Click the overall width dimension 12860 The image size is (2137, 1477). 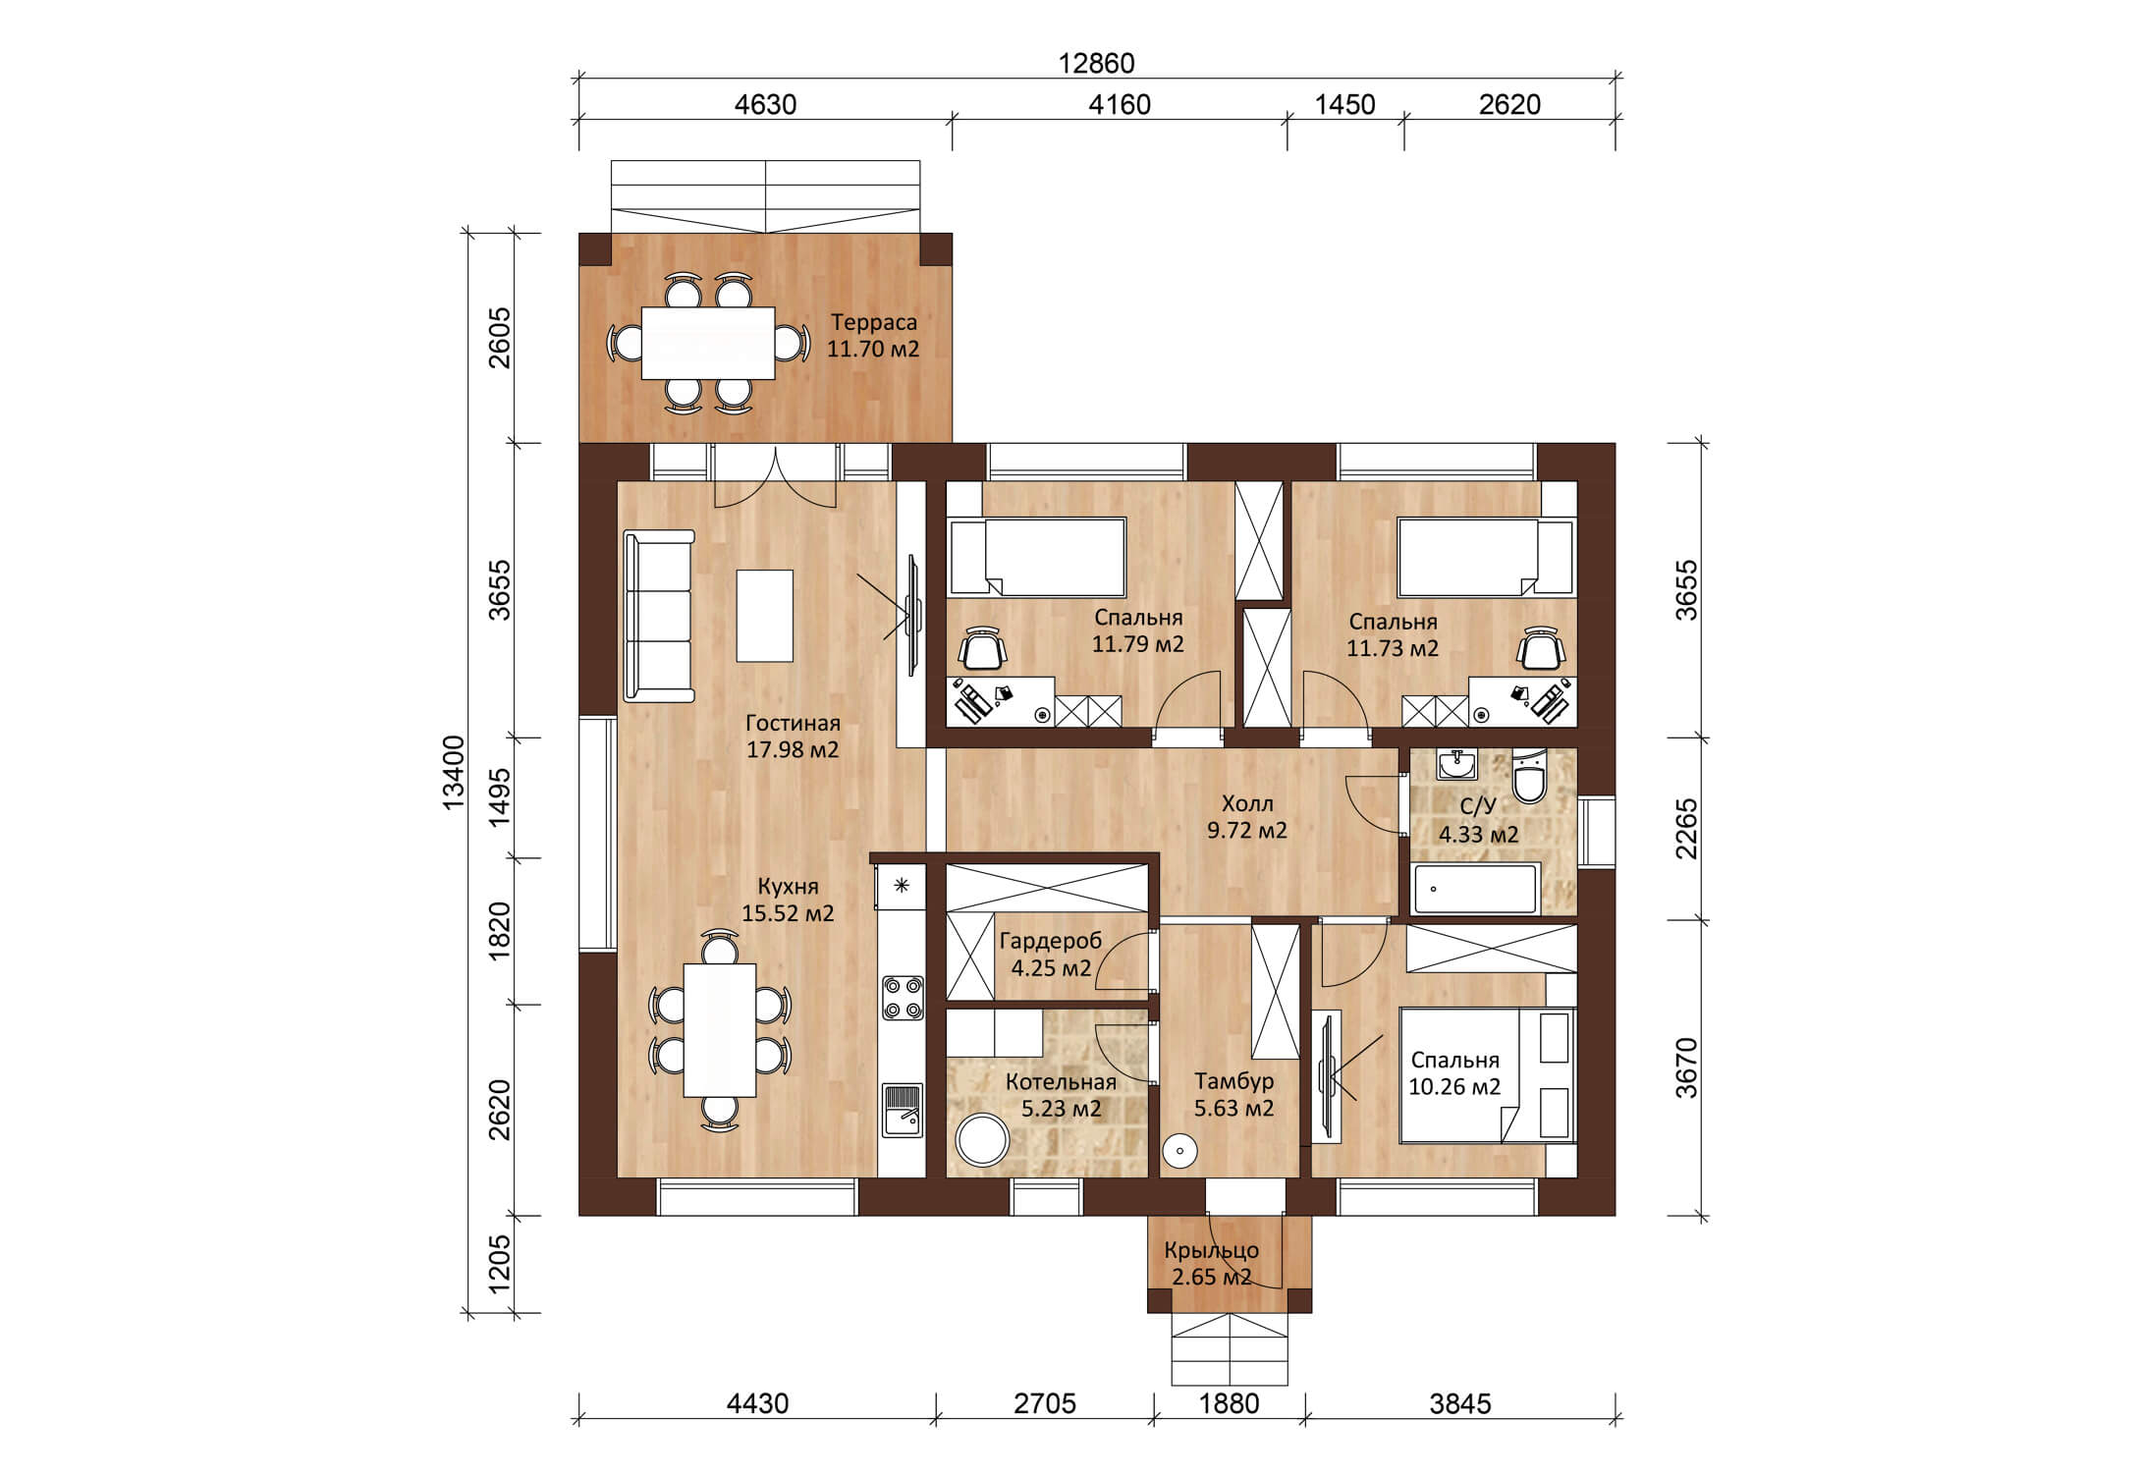(1096, 63)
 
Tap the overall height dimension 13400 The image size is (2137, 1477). (454, 773)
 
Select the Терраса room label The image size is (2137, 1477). (873, 322)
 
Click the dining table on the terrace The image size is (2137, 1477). (708, 343)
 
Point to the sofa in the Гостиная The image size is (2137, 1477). (659, 616)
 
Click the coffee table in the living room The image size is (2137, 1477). (765, 616)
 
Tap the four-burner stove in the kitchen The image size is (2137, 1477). (903, 997)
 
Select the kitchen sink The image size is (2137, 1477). (903, 1109)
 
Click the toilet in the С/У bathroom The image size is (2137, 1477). (1528, 776)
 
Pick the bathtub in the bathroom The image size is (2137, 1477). (1475, 889)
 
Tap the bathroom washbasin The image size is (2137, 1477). (1457, 763)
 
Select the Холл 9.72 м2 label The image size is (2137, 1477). (1247, 816)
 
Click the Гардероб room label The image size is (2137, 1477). (1051, 941)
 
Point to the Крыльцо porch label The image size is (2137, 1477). (1212, 1251)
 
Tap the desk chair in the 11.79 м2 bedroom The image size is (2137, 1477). (983, 647)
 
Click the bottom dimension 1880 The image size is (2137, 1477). (1229, 1403)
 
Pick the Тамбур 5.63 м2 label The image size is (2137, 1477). (1234, 1095)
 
